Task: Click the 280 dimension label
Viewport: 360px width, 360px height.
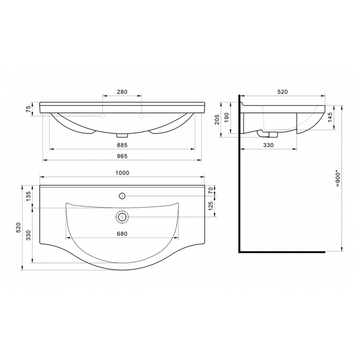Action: tap(122, 92)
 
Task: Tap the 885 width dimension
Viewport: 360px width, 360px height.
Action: tap(122, 145)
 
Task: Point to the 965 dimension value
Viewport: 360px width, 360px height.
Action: tap(122, 156)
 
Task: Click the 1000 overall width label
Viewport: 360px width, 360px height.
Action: tap(122, 173)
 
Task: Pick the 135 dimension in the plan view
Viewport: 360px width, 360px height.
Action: tap(28, 196)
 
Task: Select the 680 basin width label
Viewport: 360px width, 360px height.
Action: tap(122, 233)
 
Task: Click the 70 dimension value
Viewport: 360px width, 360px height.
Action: tap(210, 190)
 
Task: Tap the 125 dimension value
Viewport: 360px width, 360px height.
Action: tap(210, 206)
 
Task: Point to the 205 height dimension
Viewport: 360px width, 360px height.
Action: tap(217, 119)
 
